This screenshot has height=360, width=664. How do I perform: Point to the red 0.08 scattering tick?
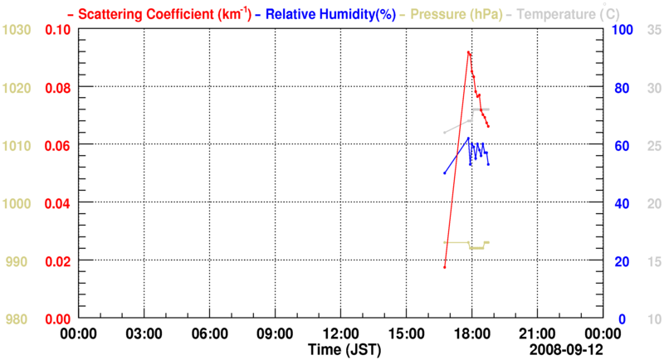tap(57, 87)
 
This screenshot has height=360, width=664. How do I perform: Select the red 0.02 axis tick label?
tap(57, 261)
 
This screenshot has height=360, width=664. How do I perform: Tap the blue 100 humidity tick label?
tap(622, 30)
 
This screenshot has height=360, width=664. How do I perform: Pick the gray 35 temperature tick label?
tap(652, 30)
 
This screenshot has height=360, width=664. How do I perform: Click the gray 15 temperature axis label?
tap(652, 261)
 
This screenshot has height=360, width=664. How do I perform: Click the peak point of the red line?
tap(469, 51)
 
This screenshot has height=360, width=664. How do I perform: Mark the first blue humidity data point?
tap(445, 173)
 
